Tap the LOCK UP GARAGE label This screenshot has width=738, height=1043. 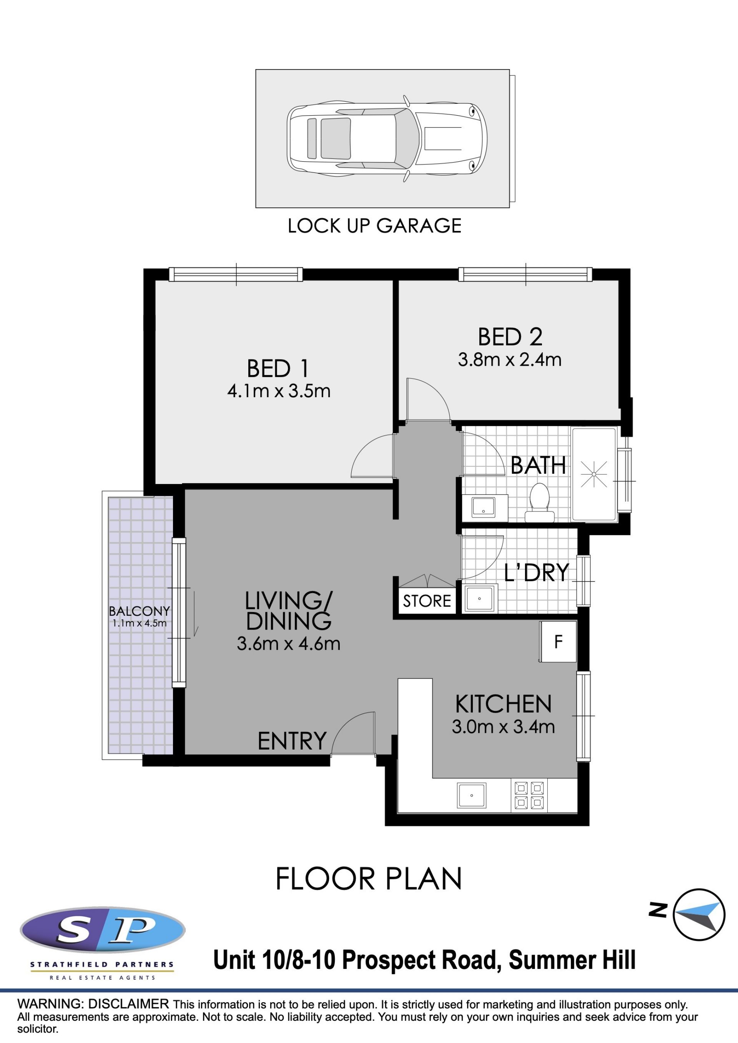[374, 226]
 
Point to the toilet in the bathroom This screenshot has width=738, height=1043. [539, 503]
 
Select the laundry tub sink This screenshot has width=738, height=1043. [479, 599]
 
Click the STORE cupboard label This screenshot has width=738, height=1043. [427, 601]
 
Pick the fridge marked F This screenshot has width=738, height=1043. [558, 642]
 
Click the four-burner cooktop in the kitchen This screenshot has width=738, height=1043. [529, 796]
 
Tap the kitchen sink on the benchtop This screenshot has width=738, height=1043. [471, 795]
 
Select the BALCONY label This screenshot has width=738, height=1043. [139, 612]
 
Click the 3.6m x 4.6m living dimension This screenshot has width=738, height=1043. [289, 644]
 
